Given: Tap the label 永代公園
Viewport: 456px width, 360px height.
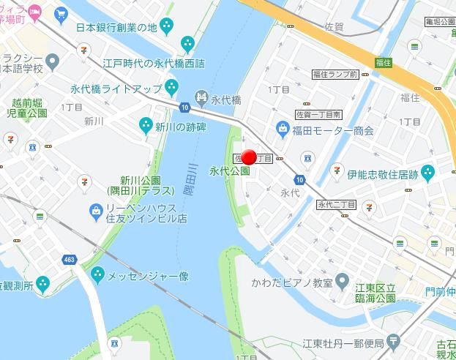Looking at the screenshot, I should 229,171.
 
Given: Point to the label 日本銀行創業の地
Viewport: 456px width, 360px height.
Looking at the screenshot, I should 117,27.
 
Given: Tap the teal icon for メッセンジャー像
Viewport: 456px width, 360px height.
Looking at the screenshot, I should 98,275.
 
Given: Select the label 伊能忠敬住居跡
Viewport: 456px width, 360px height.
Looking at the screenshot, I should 382,174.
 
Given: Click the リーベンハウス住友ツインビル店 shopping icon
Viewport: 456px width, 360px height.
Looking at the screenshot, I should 94,212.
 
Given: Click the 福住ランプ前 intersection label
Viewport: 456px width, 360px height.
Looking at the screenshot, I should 334,74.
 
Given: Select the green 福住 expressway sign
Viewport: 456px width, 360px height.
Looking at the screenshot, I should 381,62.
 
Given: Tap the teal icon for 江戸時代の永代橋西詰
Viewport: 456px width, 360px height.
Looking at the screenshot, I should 188,43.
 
